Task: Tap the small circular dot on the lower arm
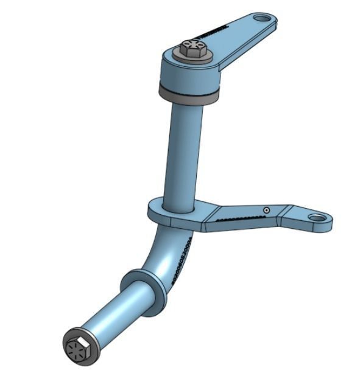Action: (266, 210)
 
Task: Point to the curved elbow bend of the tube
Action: (171, 249)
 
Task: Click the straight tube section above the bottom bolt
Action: (116, 316)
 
